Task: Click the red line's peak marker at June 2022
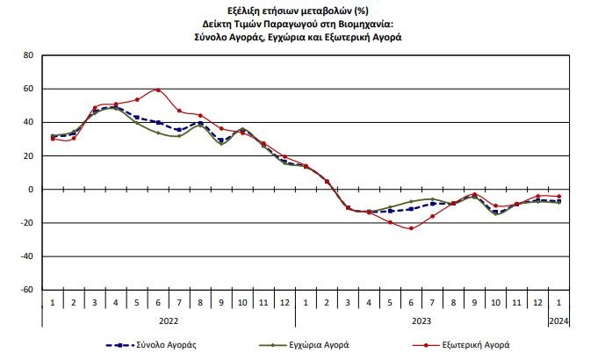157,90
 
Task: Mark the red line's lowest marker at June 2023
411,228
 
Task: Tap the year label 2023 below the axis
421,321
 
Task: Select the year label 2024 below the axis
558,321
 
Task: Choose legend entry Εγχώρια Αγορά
329,346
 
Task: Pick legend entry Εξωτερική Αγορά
482,346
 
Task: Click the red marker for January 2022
52,139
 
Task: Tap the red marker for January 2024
558,197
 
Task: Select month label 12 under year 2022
284,303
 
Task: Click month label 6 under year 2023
411,303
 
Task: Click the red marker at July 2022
178,111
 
